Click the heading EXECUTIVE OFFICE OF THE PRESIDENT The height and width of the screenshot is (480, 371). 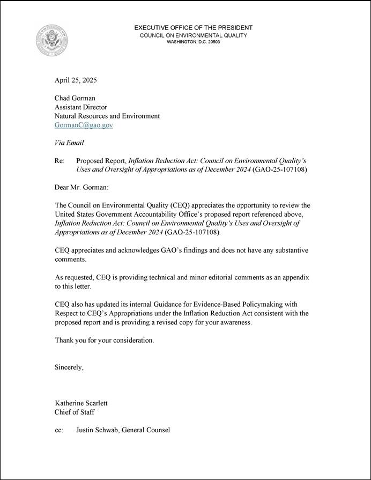[x=193, y=27]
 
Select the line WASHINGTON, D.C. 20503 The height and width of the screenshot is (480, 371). [x=193, y=42]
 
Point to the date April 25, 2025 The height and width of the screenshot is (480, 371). [x=76, y=80]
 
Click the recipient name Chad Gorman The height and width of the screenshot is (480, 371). [x=75, y=98]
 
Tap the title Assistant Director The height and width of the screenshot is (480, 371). [x=81, y=107]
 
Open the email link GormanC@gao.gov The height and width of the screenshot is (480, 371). [x=84, y=125]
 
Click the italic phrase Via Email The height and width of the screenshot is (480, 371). [x=69, y=143]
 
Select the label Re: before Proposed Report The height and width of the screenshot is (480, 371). [x=60, y=160]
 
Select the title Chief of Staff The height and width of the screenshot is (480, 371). [x=75, y=412]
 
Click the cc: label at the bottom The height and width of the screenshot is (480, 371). [x=59, y=430]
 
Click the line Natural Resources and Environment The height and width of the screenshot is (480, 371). [x=107, y=116]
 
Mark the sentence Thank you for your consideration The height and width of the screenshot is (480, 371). [x=104, y=341]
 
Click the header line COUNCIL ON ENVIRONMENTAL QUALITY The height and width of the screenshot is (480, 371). [x=193, y=35]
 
